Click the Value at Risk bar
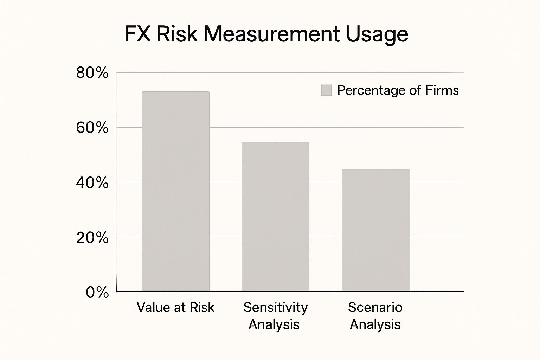(x=176, y=192)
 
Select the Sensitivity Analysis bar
(x=276, y=217)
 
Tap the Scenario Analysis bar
(x=376, y=230)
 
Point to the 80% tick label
(x=92, y=73)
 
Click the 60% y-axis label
(x=92, y=128)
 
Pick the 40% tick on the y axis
(x=92, y=183)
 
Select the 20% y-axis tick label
(x=92, y=238)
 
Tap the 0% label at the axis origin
(x=97, y=292)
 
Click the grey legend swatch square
(x=326, y=90)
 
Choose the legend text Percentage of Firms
(x=398, y=90)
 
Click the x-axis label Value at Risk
(x=175, y=307)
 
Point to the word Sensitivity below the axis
(x=275, y=307)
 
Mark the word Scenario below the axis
(x=375, y=307)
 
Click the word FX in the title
(x=137, y=34)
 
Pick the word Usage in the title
(x=377, y=35)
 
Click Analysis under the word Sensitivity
(x=274, y=324)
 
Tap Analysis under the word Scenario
(x=375, y=324)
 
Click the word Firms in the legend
(x=442, y=90)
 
